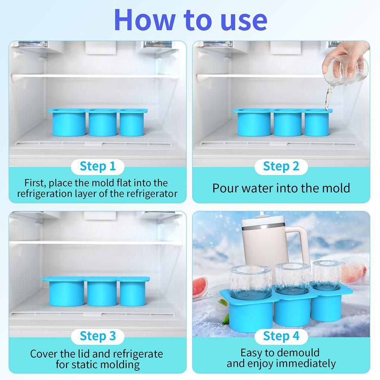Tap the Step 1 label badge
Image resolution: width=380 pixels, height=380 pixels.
click(x=98, y=166)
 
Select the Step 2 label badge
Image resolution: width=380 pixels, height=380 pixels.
click(x=281, y=166)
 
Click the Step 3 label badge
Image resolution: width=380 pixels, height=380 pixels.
click(x=98, y=336)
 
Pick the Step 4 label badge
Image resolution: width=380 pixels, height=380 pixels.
click(x=281, y=336)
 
